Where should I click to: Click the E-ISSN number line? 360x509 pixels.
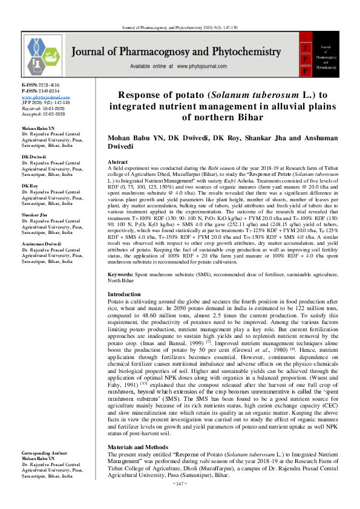click(x=38, y=86)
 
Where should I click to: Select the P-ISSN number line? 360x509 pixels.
click(x=38, y=91)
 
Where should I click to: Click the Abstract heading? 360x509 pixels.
click(x=117, y=163)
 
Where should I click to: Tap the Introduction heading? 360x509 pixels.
click(x=124, y=294)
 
